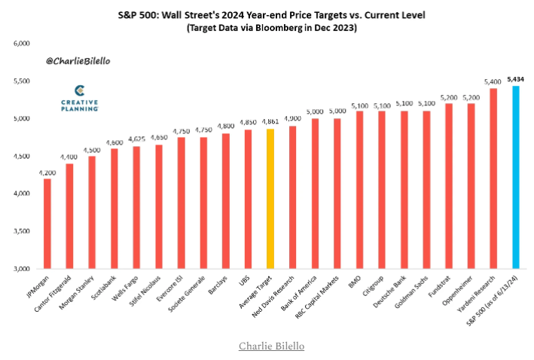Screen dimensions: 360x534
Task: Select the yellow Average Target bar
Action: tap(270, 199)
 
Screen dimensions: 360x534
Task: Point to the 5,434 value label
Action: tap(515, 78)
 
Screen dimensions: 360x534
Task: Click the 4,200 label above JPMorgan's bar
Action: tap(47, 172)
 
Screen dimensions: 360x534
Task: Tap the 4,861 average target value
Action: tap(270, 122)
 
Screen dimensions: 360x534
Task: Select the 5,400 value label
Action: tap(493, 81)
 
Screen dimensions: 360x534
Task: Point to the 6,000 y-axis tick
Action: tap(22, 44)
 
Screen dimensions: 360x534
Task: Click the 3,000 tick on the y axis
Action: tap(22, 269)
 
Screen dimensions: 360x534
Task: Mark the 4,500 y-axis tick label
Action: tap(22, 157)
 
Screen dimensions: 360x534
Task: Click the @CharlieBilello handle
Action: tap(75, 59)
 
